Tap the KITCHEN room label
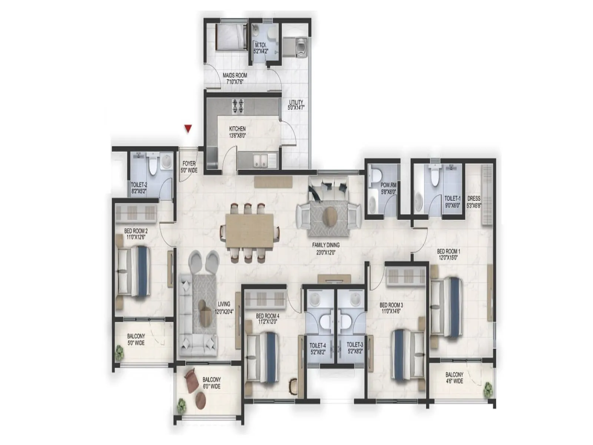tap(237, 129)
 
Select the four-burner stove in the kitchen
tap(238, 106)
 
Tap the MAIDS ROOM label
tap(235, 75)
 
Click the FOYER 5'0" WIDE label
tap(189, 167)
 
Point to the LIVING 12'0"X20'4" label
tap(224, 307)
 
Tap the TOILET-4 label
tap(317, 345)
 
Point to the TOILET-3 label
tap(355, 345)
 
